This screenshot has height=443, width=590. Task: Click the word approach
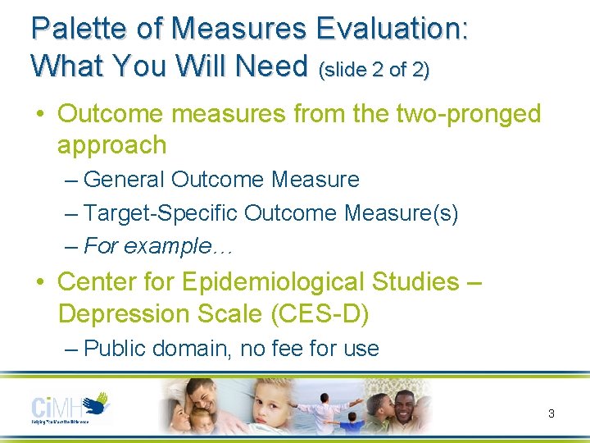pyautogui.click(x=111, y=145)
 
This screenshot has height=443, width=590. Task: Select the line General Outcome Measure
pyautogui.click(x=220, y=179)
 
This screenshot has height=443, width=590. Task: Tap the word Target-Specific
pyautogui.click(x=161, y=213)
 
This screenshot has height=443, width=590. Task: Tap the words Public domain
pyautogui.click(x=157, y=349)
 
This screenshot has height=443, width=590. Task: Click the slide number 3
pyautogui.click(x=551, y=413)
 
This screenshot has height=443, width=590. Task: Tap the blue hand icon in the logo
pyautogui.click(x=98, y=401)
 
